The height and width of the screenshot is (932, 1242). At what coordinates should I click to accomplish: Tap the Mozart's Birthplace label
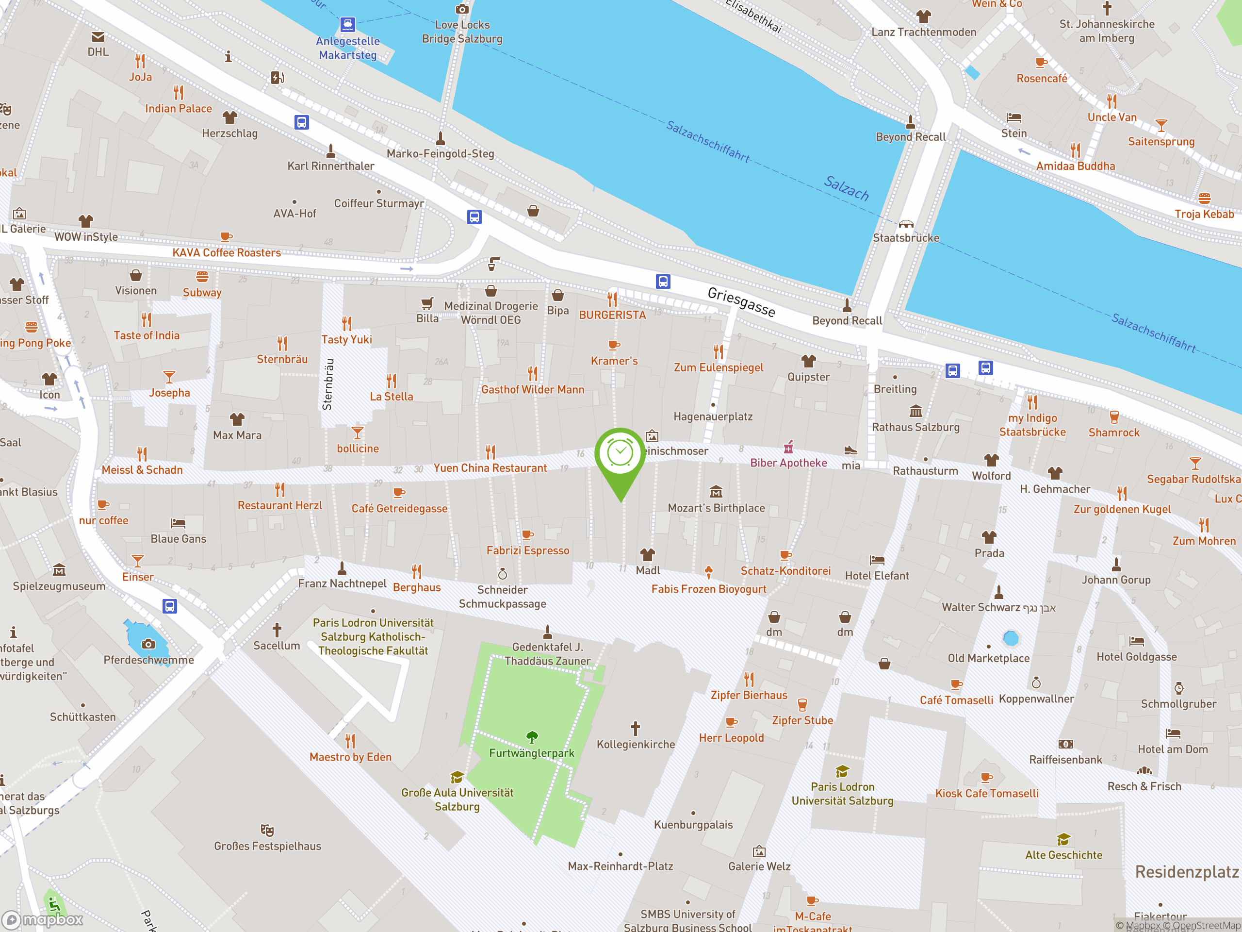pyautogui.click(x=716, y=508)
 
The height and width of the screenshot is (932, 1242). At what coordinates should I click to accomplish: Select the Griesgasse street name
pyautogui.click(x=741, y=301)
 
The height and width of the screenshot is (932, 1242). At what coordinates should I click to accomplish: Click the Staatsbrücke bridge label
pyautogui.click(x=906, y=238)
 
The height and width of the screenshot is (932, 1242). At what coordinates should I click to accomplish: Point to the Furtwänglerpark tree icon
pyautogui.click(x=532, y=736)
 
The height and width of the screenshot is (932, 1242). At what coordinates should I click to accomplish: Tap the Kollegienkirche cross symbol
pyautogui.click(x=635, y=729)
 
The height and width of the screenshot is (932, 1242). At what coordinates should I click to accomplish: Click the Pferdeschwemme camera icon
pyautogui.click(x=148, y=644)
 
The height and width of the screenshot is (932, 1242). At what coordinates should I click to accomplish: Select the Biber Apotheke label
pyautogui.click(x=788, y=463)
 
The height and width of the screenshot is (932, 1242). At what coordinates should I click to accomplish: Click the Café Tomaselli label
pyautogui.click(x=956, y=700)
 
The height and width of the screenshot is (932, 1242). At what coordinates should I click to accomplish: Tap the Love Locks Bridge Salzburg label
pyautogui.click(x=462, y=32)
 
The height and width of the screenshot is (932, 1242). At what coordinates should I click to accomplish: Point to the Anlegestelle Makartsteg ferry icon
pyautogui.click(x=347, y=24)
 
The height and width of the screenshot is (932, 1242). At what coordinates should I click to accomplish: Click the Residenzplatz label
pyautogui.click(x=1186, y=871)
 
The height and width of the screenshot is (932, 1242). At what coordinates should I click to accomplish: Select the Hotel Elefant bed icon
pyautogui.click(x=877, y=560)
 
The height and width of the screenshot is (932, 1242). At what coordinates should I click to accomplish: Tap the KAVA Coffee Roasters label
pyautogui.click(x=226, y=253)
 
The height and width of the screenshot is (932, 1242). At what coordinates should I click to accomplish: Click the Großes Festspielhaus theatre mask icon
pyautogui.click(x=267, y=830)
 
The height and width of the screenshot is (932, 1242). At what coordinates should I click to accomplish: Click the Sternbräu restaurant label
pyautogui.click(x=282, y=359)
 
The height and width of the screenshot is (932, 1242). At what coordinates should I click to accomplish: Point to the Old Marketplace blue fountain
pyautogui.click(x=1011, y=638)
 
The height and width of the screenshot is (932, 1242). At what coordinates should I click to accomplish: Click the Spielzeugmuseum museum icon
pyautogui.click(x=59, y=571)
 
